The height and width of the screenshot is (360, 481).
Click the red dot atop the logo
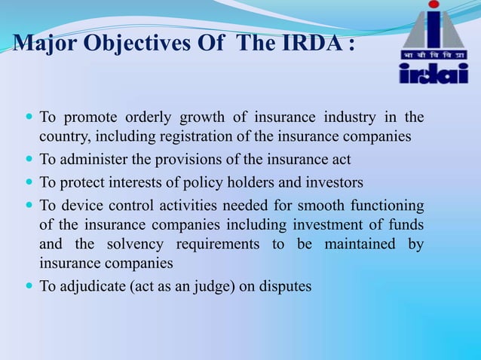pos(433,9)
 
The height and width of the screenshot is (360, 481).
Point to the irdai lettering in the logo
pos(433,73)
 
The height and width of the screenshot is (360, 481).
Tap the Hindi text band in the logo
pos(433,55)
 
